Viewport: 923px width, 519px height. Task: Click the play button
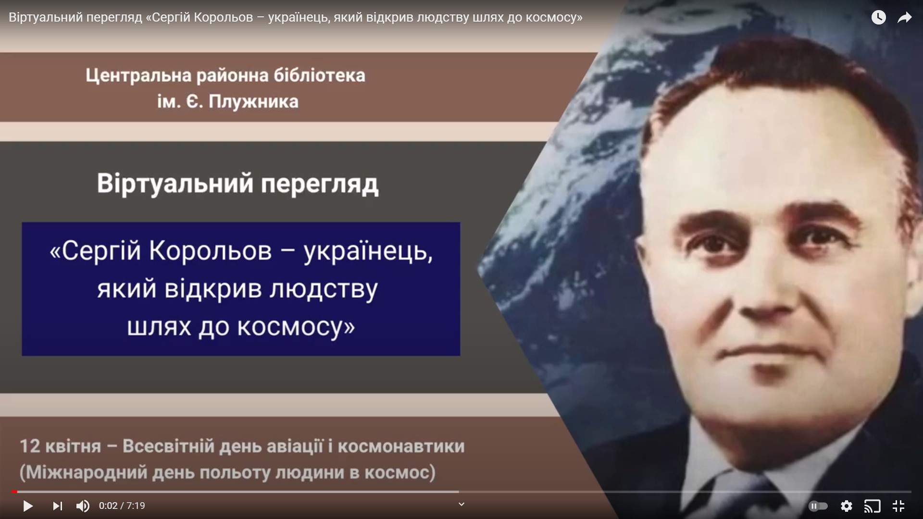tap(28, 506)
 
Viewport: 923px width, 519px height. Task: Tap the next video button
tap(57, 506)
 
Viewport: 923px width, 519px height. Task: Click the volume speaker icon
tap(83, 506)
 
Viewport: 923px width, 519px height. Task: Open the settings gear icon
tap(847, 506)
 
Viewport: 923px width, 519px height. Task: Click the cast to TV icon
tap(873, 506)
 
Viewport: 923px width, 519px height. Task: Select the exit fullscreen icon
tap(898, 506)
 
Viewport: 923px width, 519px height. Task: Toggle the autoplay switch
tap(818, 506)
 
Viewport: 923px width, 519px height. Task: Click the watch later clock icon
tap(879, 17)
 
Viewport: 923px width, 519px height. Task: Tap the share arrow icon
tap(905, 18)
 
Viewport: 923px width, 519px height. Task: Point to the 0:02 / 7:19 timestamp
tap(122, 506)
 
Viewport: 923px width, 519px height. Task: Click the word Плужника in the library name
tap(253, 102)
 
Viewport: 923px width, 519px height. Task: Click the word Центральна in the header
tap(139, 75)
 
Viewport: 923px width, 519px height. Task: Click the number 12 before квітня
tap(30, 446)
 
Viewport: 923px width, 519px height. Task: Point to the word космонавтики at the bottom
tap(401, 446)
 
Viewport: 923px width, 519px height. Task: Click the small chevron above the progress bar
tap(461, 504)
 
